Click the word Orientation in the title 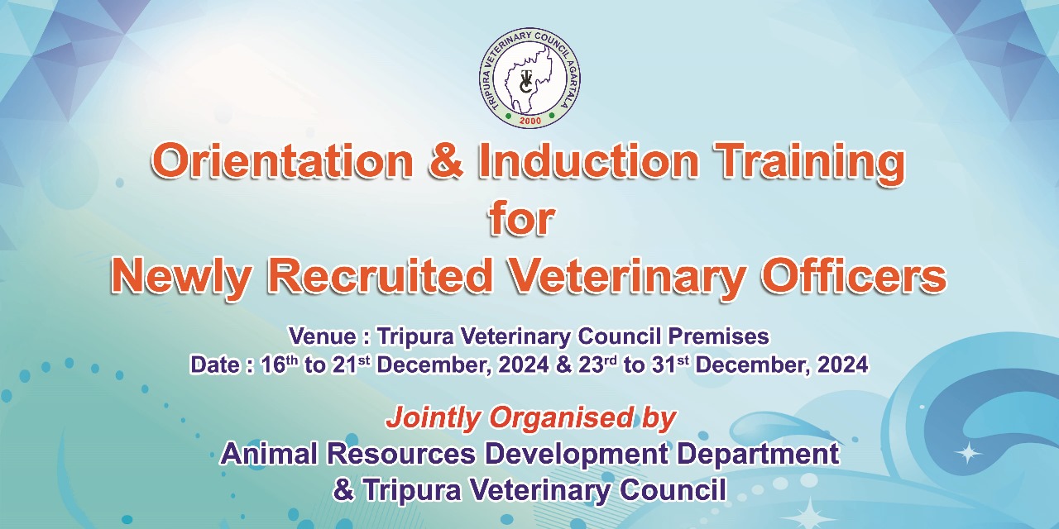[x=282, y=161]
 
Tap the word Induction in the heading [x=588, y=161]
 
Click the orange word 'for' [x=522, y=219]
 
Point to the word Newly [x=181, y=277]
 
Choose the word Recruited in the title [x=381, y=276]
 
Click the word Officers [x=853, y=276]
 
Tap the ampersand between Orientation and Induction [x=445, y=161]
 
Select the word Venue [x=323, y=336]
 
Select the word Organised [x=561, y=418]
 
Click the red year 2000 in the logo [x=530, y=121]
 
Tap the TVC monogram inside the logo [x=525, y=82]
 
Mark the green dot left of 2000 [x=508, y=115]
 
